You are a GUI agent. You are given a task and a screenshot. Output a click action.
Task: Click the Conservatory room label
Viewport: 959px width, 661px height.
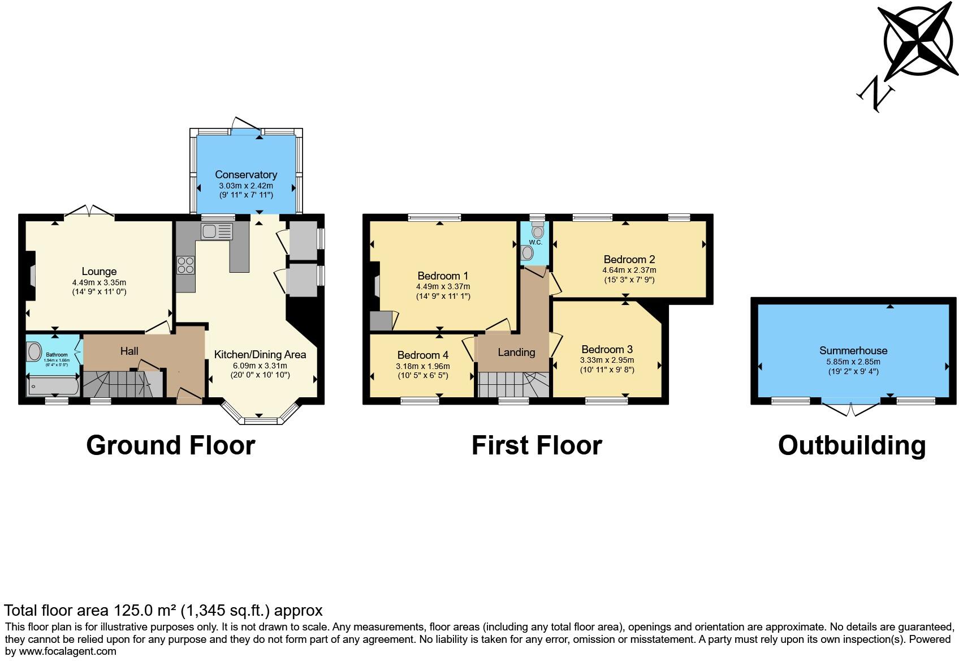point(246,174)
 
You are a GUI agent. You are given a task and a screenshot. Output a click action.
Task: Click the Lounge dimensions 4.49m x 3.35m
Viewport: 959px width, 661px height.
point(99,282)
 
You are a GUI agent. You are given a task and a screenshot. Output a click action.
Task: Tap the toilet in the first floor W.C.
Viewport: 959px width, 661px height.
point(537,230)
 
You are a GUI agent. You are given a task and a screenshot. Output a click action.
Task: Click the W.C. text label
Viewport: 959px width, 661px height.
point(535,242)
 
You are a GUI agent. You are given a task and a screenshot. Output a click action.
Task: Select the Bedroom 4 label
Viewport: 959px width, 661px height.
point(422,355)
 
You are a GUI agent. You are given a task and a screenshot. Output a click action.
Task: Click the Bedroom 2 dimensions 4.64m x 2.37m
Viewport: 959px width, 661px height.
point(629,270)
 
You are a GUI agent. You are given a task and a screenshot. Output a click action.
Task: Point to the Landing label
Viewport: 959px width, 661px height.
point(516,352)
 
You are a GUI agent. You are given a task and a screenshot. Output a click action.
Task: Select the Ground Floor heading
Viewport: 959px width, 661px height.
point(171,445)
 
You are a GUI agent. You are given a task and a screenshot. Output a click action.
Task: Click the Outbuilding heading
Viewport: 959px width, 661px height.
point(852,445)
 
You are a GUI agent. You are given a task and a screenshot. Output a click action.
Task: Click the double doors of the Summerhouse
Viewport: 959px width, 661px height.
point(852,408)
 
